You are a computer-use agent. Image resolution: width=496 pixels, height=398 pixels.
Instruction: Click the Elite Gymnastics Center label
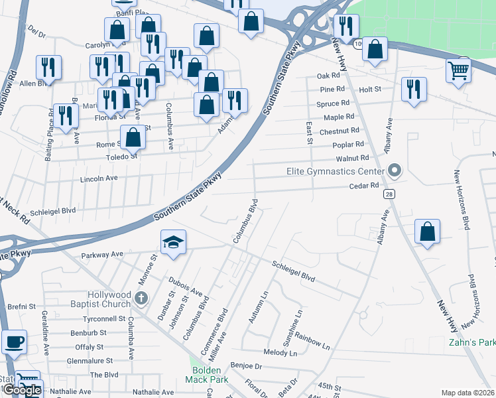pyautogui.click(x=336, y=172)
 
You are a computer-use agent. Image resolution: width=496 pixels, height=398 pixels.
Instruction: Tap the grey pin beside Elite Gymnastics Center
pyautogui.click(x=395, y=171)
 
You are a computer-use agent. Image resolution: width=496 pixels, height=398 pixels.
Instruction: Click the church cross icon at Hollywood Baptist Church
pyautogui.click(x=141, y=298)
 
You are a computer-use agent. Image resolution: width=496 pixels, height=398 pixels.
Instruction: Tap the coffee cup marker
pyautogui.click(x=14, y=342)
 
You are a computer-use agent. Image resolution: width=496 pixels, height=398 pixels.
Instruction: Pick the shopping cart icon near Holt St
pyautogui.click(x=459, y=70)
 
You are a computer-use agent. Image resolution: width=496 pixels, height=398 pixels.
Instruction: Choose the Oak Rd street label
pyautogui.click(x=328, y=76)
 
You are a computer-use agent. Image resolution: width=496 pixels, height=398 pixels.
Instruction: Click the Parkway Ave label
pyautogui.click(x=102, y=254)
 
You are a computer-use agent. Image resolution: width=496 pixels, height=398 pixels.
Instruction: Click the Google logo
pyautogui.click(x=22, y=390)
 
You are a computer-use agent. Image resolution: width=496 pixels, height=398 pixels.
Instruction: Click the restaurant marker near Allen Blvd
pyautogui.click(x=48, y=68)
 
